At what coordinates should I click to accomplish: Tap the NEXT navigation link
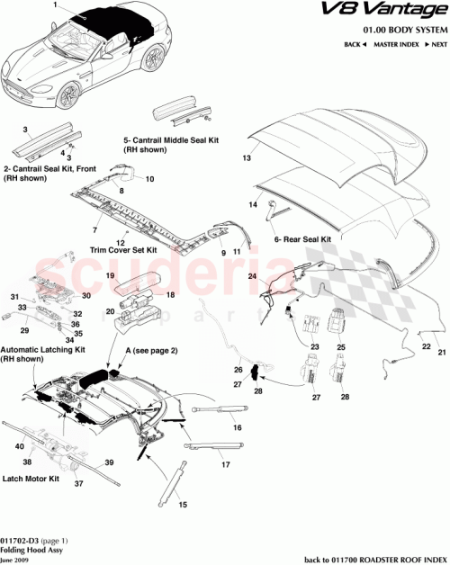436,44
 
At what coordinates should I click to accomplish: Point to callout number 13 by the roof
243,157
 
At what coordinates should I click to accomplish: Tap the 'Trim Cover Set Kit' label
124,249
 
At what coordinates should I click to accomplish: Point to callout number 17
225,465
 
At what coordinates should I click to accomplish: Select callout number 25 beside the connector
341,346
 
